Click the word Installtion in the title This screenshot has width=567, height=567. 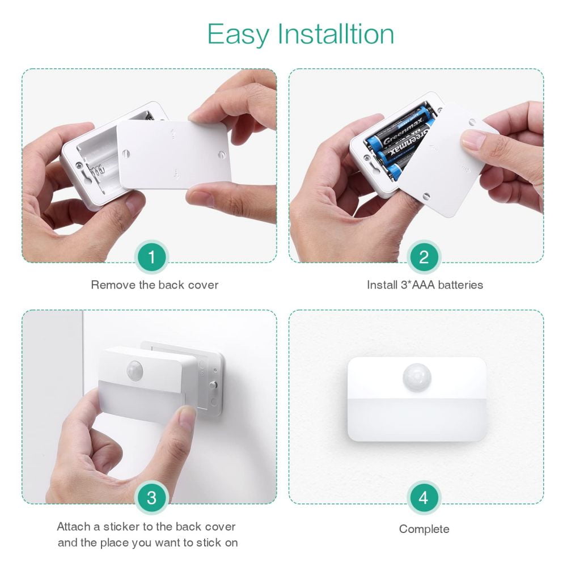[335, 34]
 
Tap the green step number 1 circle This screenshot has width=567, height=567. [151, 257]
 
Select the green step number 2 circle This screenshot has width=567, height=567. [424, 257]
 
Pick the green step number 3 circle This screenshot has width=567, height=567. [151, 498]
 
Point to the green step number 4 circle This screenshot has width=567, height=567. [424, 498]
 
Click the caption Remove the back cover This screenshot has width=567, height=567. [154, 285]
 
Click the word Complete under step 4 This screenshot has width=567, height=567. [424, 529]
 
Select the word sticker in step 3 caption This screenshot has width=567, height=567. [122, 527]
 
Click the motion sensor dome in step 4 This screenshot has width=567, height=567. [417, 378]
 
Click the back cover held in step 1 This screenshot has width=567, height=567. [174, 154]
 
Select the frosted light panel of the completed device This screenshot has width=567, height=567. [417, 420]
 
